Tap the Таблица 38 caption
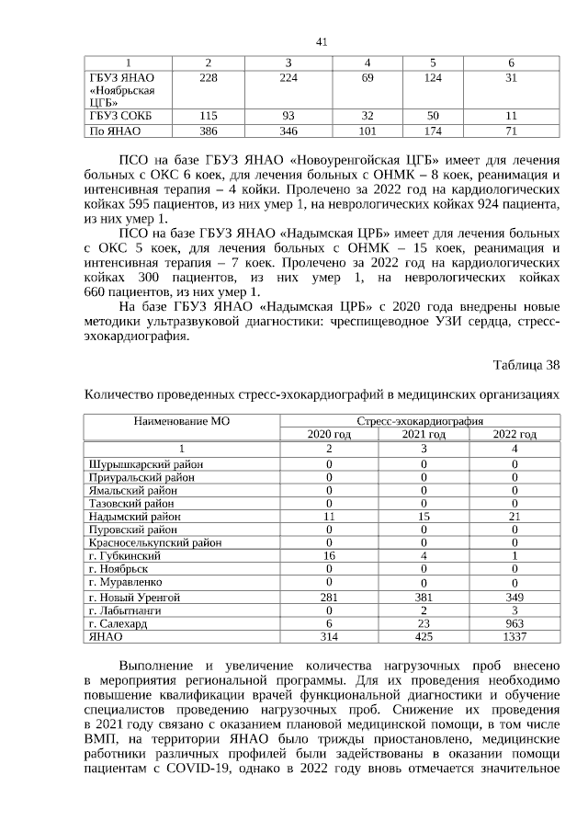pyautogui.click(x=526, y=365)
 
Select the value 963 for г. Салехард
pyautogui.click(x=514, y=622)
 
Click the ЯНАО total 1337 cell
pyautogui.click(x=514, y=635)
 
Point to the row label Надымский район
pyautogui.click(x=134, y=517)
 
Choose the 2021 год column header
pyautogui.click(x=424, y=434)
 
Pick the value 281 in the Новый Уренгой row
pyautogui.click(x=329, y=597)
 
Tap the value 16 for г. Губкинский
pyautogui.click(x=329, y=556)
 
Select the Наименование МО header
pyautogui.click(x=181, y=421)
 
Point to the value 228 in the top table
pyautogui.click(x=209, y=76)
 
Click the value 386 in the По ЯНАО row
pyautogui.click(x=209, y=132)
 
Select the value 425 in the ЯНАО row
pyautogui.click(x=424, y=635)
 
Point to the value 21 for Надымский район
pyautogui.click(x=514, y=517)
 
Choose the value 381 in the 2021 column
pyautogui.click(x=424, y=597)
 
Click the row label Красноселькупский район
pyautogui.click(x=154, y=542)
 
